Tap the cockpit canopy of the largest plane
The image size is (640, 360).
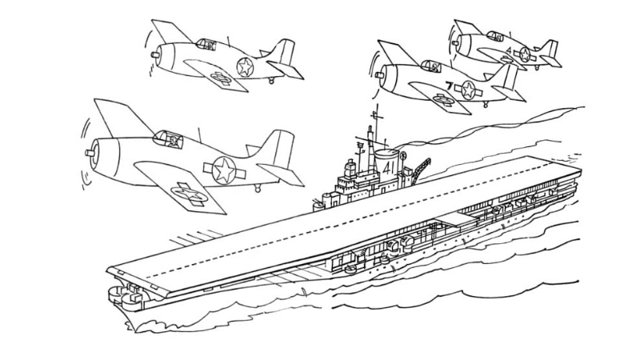coord(168,140)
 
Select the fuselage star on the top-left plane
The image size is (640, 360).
coord(244,68)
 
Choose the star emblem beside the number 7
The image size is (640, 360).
coord(468,89)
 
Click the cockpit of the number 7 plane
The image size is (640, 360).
coord(433,66)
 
